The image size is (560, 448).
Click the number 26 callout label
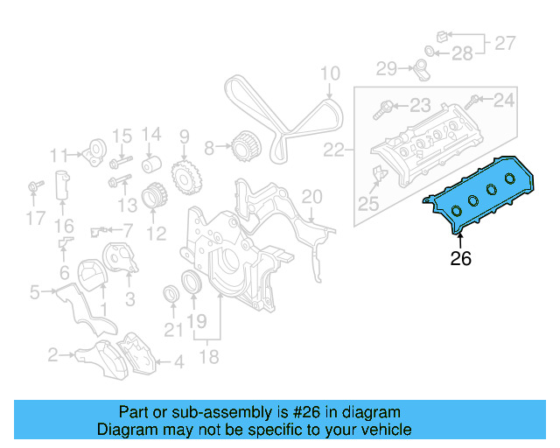click(x=460, y=258)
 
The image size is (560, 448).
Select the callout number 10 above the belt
click(x=329, y=73)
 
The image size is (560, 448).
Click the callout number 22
click(x=334, y=150)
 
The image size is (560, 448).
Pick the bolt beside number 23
click(x=384, y=111)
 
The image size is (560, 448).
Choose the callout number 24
click(x=504, y=101)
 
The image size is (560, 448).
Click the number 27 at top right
click(x=506, y=42)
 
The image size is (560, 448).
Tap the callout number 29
click(x=387, y=67)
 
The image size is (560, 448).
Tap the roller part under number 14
click(x=150, y=164)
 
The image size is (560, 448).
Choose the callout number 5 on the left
click(x=34, y=292)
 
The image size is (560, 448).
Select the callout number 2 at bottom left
click(x=53, y=354)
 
